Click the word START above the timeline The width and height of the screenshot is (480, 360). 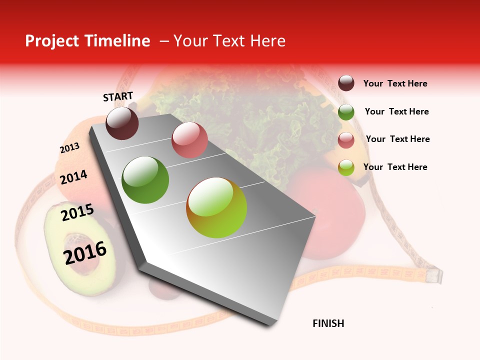click(x=118, y=96)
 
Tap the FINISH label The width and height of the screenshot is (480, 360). click(x=328, y=323)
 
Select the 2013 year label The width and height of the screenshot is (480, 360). click(x=69, y=148)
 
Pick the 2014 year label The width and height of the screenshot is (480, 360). click(x=73, y=177)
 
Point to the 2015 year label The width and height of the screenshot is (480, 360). click(x=77, y=212)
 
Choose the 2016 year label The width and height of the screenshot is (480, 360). click(x=85, y=252)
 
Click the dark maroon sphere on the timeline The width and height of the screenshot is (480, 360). click(x=122, y=123)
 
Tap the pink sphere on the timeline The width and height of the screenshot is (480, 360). click(x=189, y=139)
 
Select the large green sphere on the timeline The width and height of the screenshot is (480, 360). click(x=145, y=180)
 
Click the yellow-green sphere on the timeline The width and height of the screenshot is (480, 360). click(x=216, y=207)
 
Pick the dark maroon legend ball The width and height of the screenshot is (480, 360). click(x=346, y=83)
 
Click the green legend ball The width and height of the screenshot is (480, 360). click(x=346, y=112)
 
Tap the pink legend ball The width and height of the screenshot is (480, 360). click(x=346, y=140)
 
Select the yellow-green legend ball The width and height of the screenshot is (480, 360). click(x=346, y=167)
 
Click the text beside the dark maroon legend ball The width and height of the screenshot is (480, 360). click(x=395, y=83)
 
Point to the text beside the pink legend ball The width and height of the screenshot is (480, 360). click(x=397, y=139)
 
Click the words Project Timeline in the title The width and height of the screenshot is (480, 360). click(x=87, y=41)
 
